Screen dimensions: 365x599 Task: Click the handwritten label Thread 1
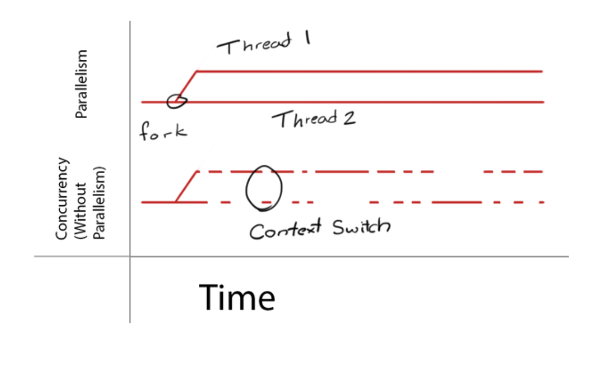pos(263,45)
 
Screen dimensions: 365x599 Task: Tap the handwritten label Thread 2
pos(313,120)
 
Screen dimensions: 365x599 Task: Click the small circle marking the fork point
pos(176,101)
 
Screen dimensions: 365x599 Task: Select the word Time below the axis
pos(237,297)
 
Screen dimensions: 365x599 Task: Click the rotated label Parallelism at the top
pos(81,84)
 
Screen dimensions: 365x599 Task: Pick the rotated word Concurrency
pos(62,198)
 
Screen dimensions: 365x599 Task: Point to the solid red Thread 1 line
pos(367,71)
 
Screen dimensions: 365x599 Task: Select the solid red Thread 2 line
pos(367,102)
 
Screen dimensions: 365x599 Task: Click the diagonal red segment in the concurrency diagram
pos(186,186)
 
